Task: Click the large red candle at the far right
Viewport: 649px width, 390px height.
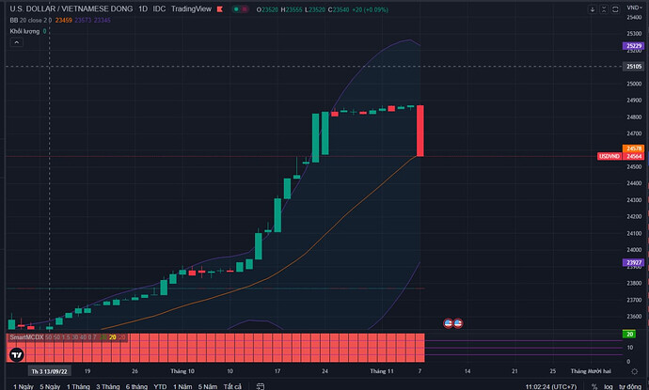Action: click(420, 131)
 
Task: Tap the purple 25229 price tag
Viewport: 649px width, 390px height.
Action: click(632, 46)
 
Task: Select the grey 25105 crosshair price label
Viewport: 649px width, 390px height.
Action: click(632, 67)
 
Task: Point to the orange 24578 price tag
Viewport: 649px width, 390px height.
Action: click(632, 148)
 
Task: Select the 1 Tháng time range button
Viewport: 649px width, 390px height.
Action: click(79, 385)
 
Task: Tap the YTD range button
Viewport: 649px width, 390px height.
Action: click(160, 385)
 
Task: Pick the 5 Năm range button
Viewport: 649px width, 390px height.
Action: click(207, 385)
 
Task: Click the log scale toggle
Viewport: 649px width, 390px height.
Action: click(609, 385)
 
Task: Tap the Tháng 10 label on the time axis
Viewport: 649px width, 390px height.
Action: click(182, 370)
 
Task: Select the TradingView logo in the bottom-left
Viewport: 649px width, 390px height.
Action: click(16, 353)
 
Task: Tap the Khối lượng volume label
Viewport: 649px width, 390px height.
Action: click(24, 31)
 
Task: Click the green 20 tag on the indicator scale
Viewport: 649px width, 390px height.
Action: click(627, 334)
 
